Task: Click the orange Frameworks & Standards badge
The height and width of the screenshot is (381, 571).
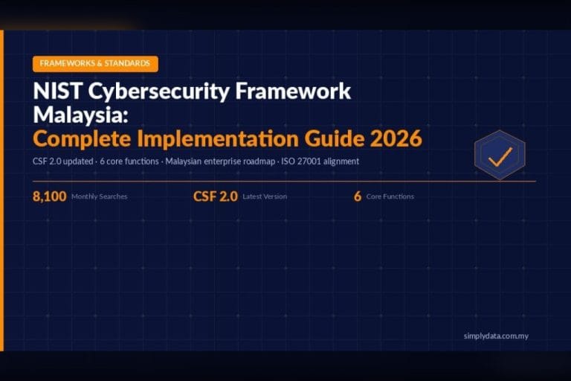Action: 95,64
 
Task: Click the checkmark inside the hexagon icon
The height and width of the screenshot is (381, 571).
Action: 500,156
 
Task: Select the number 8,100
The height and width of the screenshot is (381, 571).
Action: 50,196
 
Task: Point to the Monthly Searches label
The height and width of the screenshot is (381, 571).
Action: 100,197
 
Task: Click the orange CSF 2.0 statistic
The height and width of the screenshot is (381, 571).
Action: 215,196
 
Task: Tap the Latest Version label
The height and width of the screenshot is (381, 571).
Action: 265,197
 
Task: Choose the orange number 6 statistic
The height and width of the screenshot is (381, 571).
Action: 358,196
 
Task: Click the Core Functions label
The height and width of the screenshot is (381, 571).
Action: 390,197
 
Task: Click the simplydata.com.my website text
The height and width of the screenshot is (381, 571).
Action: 495,336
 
